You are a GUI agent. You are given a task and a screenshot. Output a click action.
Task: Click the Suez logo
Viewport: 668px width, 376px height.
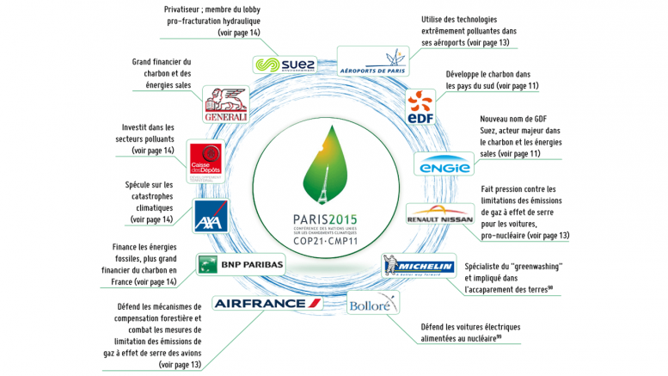(x=285, y=64)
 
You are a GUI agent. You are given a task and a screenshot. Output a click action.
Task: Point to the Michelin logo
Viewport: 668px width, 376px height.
(x=418, y=265)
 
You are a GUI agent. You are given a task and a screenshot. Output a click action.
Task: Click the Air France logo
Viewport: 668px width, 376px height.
(x=267, y=303)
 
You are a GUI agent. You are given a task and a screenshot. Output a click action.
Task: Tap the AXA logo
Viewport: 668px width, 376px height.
(x=209, y=219)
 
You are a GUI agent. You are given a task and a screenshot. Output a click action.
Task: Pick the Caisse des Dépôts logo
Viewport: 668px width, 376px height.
(x=205, y=159)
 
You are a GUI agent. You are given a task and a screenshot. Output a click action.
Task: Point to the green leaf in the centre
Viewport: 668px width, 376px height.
(x=329, y=164)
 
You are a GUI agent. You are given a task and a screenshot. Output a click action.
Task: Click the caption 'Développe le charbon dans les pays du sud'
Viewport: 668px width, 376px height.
(x=493, y=81)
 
